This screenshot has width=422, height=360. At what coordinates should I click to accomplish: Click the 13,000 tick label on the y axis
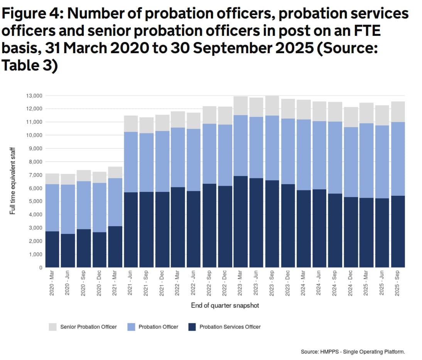pos(34,96)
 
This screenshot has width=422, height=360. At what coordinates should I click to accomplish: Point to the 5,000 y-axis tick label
pos(35,202)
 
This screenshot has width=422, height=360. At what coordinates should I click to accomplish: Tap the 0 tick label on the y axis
pos(40,267)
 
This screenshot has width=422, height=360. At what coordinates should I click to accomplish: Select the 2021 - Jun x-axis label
pos(131,283)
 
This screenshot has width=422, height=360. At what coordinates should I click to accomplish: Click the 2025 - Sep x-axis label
pos(398,283)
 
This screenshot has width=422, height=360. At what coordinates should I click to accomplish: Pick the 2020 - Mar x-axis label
pos(52,283)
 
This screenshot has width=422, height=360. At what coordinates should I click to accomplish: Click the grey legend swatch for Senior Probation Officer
pos(52,327)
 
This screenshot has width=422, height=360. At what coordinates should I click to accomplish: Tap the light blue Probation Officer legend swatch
pos(131,327)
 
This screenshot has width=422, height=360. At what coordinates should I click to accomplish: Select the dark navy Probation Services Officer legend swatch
pos(192,327)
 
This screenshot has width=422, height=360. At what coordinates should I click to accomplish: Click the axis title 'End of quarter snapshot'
pos(225,305)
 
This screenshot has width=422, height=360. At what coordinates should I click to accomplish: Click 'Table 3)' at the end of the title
pos(29,66)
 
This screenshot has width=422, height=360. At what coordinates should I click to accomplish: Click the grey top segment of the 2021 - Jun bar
pos(131,124)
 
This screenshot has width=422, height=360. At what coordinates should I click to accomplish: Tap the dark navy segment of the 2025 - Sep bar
pos(398,232)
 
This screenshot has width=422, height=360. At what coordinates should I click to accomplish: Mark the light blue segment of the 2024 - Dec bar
pos(351,162)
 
